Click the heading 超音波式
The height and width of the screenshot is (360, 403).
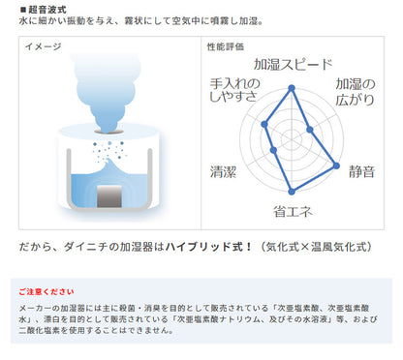[47, 10]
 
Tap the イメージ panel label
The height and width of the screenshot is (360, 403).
[43, 46]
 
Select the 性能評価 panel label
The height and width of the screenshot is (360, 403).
[226, 46]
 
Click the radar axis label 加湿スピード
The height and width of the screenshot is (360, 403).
[293, 65]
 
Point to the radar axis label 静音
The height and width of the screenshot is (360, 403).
[361, 171]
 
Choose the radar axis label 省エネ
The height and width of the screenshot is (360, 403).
[293, 212]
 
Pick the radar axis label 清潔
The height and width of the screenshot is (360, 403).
[223, 171]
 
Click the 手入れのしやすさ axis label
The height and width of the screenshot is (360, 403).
[234, 90]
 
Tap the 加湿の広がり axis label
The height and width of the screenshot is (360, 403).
[356, 92]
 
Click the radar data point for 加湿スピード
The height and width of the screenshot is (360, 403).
[292, 88]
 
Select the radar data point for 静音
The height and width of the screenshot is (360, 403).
[336, 165]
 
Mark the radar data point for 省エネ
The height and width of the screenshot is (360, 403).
[292, 192]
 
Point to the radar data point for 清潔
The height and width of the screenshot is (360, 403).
[274, 150]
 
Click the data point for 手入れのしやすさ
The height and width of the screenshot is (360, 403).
[264, 124]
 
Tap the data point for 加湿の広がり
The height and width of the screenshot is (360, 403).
[310, 130]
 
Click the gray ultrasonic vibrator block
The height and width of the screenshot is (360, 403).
[109, 196]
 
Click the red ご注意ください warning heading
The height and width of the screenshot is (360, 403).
[46, 292]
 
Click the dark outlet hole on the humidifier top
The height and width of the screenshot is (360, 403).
[108, 132]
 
